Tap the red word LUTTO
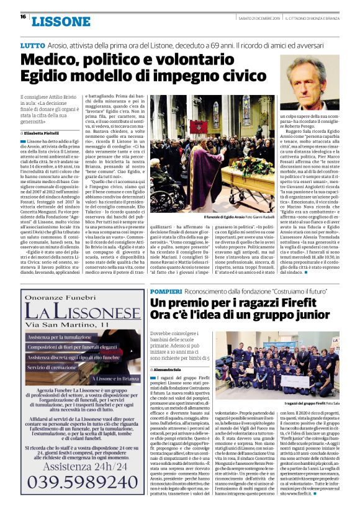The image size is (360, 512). [x=32, y=46]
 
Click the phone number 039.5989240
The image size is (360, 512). [x=80, y=482]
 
